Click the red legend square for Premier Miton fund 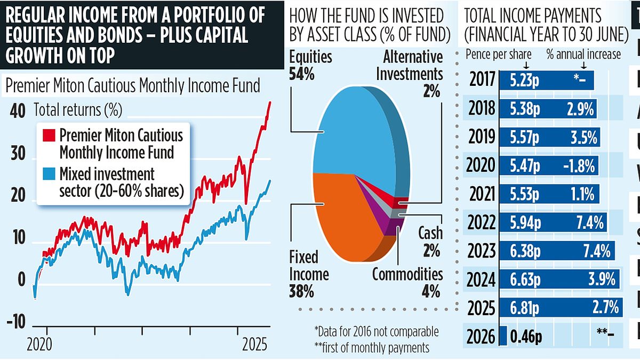(51, 135)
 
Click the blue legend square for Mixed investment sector (51, 174)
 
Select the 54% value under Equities (302, 74)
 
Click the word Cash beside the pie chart (430, 233)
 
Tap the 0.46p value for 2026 (526, 336)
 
